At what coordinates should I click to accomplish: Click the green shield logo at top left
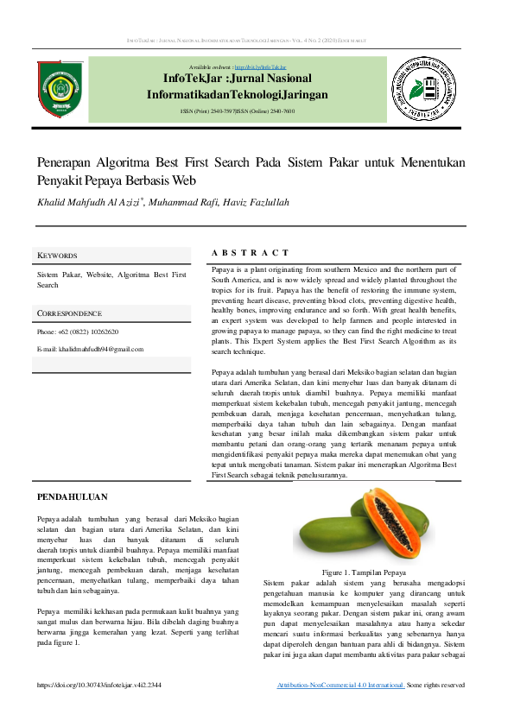[60, 88]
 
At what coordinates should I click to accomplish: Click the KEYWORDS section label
[57, 256]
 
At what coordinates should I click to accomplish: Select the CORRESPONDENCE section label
[69, 313]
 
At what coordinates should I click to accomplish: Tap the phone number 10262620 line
[78, 332]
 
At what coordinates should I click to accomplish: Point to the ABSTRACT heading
[250, 253]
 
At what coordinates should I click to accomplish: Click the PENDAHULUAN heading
[72, 496]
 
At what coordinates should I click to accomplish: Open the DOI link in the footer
[99, 685]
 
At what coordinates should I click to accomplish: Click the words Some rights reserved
[436, 685]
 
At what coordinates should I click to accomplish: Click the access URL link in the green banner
[263, 66]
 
